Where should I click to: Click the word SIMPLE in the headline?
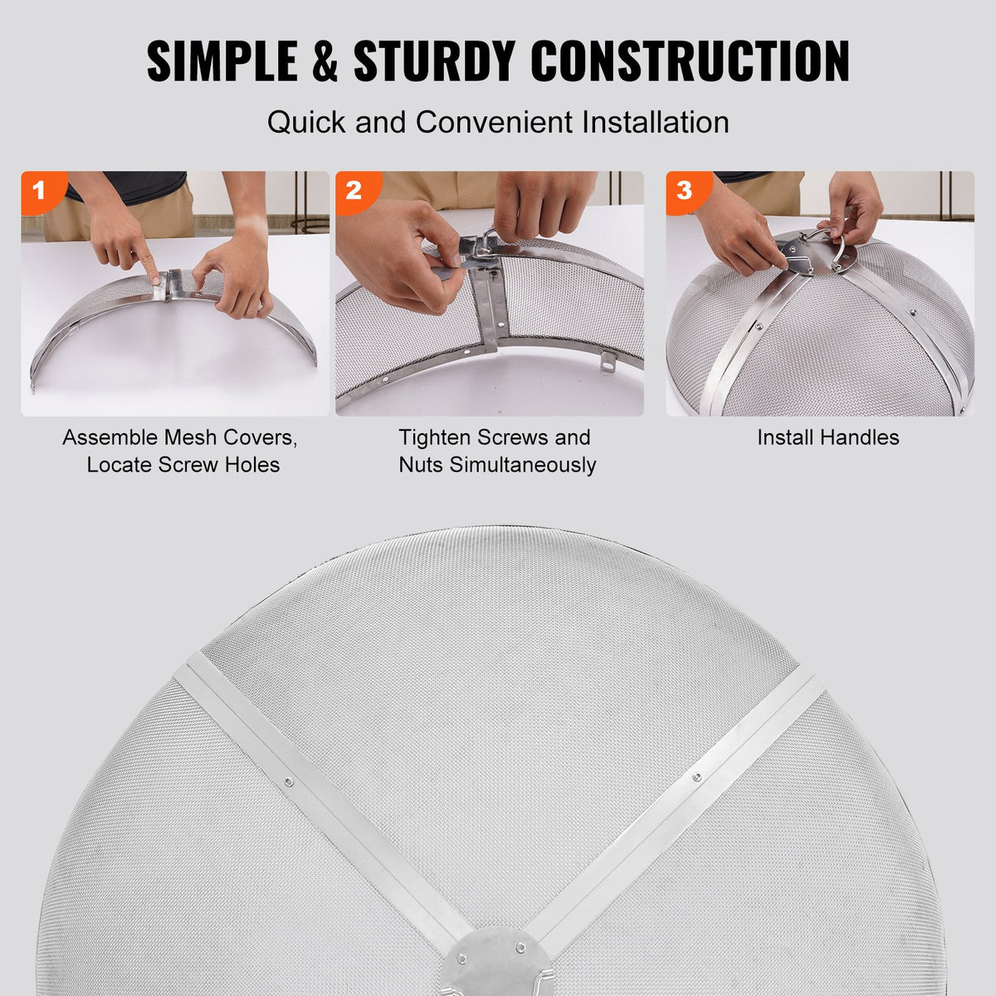[x=222, y=61]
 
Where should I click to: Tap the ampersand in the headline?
[x=325, y=61]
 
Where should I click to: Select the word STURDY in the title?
[x=433, y=61]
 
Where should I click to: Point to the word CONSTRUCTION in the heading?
[x=691, y=61]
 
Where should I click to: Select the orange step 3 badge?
[x=684, y=190]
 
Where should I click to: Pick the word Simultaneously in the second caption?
[x=523, y=465]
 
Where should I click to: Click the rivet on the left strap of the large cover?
[x=288, y=781]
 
